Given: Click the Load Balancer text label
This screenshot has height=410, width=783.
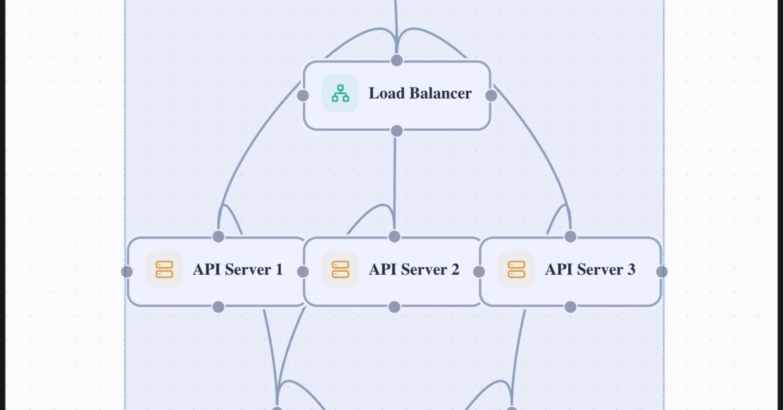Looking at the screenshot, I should click(420, 94).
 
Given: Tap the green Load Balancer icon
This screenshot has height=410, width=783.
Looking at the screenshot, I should click(340, 94).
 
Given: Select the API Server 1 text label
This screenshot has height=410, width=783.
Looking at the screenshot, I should click(237, 270).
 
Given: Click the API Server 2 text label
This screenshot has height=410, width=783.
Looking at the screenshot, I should click(413, 270).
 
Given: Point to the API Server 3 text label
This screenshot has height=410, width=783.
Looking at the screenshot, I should click(589, 270).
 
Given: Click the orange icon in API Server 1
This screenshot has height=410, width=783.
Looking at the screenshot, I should click(164, 270).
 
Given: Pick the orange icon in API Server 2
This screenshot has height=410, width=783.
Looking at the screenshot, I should click(340, 270).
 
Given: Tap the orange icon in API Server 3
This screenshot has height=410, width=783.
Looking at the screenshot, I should click(516, 270).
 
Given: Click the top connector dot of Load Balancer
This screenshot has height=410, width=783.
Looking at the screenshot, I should click(396, 60).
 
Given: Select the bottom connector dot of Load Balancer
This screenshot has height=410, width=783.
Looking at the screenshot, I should click(396, 130).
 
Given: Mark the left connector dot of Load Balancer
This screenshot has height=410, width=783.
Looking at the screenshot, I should click(303, 95).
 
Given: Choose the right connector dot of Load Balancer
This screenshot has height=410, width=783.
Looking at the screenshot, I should click(491, 95).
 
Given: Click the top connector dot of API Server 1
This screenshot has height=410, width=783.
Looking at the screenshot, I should click(218, 236).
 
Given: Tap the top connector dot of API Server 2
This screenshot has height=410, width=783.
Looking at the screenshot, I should click(394, 236).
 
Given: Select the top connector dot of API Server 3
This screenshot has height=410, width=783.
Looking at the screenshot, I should click(570, 236).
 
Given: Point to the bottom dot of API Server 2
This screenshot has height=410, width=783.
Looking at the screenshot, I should click(394, 306).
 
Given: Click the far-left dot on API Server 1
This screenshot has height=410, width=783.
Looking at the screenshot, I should click(127, 271).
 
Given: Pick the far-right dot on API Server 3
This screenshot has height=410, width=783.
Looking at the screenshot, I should click(662, 271).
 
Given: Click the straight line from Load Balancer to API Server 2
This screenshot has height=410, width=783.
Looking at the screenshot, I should click(395, 183).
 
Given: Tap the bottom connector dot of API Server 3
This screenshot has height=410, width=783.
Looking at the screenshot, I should click(570, 306).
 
